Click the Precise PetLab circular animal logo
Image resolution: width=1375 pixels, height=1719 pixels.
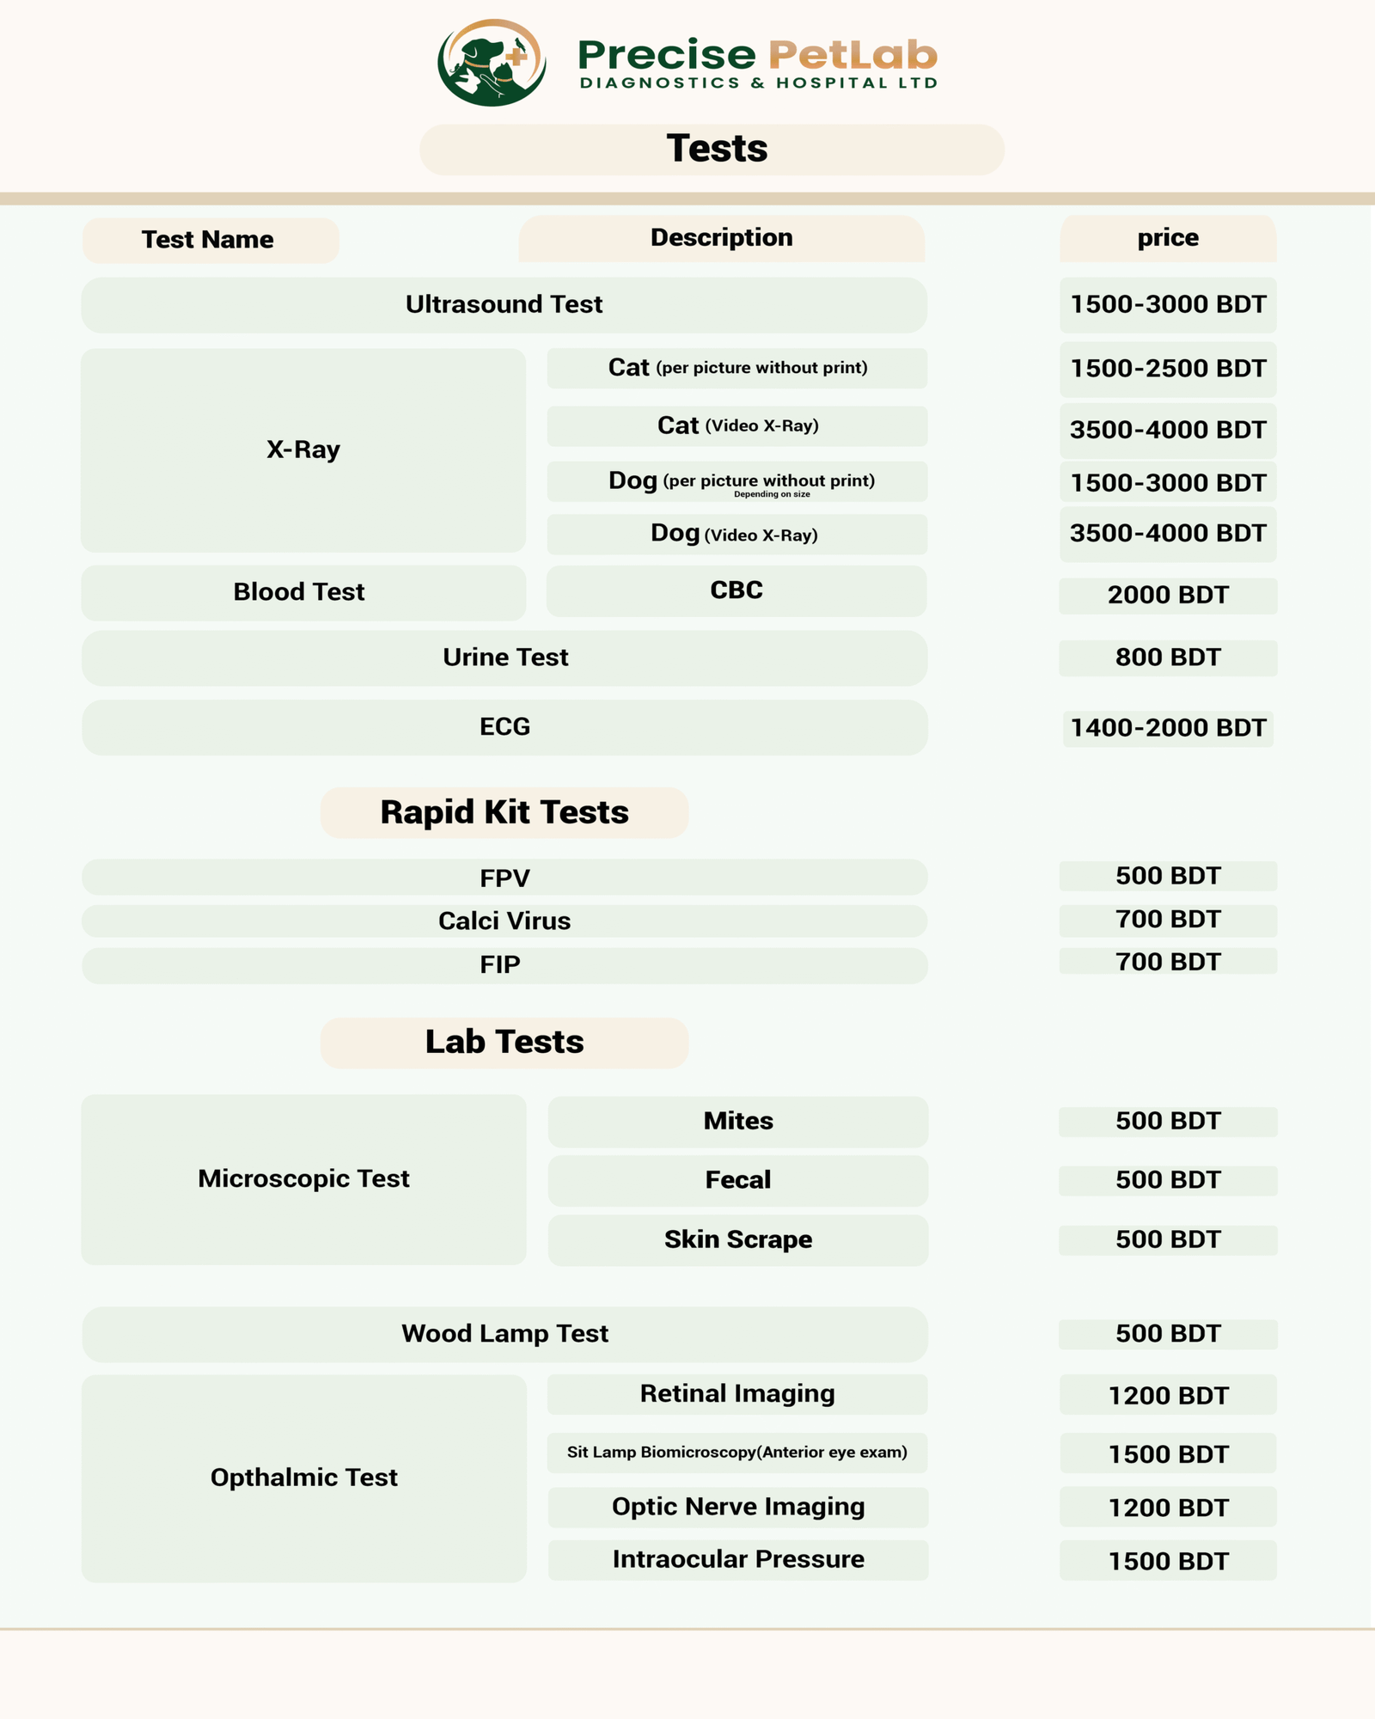[x=492, y=62]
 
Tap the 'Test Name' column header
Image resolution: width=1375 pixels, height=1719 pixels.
[x=208, y=240]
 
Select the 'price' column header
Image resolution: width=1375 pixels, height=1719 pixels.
[x=1167, y=238]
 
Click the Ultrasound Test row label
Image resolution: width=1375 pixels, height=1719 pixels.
[x=504, y=304]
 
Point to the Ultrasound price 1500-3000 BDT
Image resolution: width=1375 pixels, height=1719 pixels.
[x=1167, y=304]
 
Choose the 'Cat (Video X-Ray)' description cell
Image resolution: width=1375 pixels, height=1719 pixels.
[x=737, y=426]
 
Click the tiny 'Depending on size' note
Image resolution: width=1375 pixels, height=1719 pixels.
[x=772, y=494]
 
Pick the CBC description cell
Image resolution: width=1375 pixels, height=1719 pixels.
[x=736, y=590]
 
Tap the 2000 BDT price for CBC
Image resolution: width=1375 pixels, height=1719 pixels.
[x=1167, y=595]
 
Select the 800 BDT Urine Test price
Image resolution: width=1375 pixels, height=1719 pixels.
[x=1167, y=658]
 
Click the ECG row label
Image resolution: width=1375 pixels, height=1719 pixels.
[x=504, y=727]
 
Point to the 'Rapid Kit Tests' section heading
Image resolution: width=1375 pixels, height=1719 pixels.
[x=504, y=812]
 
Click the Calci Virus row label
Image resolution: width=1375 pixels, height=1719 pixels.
[x=504, y=921]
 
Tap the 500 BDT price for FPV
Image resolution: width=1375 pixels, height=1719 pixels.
[x=1167, y=876]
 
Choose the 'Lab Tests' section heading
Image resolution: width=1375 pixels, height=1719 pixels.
[x=504, y=1043]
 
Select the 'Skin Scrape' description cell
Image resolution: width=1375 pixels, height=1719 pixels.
[x=737, y=1239]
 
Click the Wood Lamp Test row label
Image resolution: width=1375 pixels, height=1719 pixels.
[x=504, y=1334]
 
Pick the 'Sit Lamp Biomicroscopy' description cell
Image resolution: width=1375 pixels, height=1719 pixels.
[x=737, y=1453]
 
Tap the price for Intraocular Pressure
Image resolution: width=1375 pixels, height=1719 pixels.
[x=1167, y=1561]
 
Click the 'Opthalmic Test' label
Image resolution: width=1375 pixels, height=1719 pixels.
[x=303, y=1477]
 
